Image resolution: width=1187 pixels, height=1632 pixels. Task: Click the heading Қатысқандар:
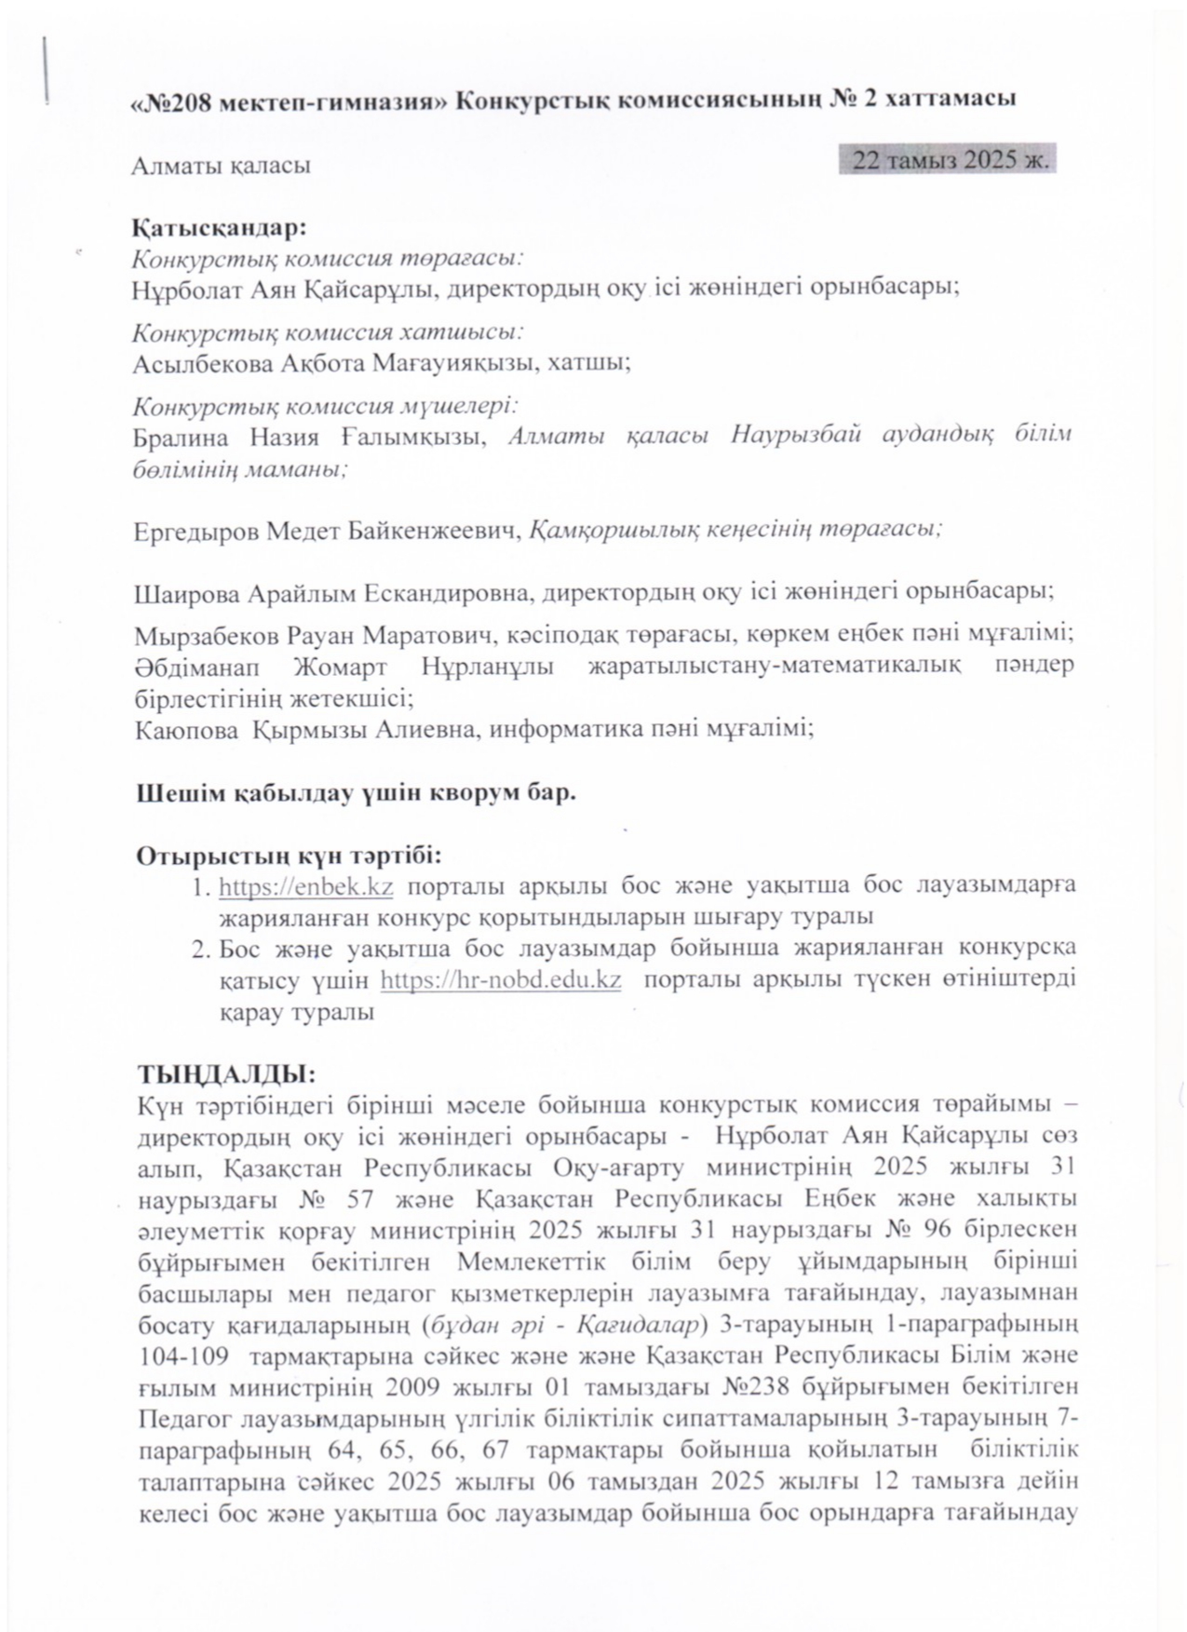click(x=220, y=227)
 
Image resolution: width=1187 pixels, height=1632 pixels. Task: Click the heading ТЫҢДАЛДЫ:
click(x=226, y=1073)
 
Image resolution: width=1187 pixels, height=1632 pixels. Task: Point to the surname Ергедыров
click(x=196, y=532)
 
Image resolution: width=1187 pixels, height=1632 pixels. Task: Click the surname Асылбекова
click(x=202, y=364)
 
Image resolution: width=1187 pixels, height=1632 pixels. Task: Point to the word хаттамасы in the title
click(x=954, y=101)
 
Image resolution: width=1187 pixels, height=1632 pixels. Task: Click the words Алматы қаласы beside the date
click(x=221, y=166)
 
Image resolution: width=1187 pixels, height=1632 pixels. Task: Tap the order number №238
click(x=757, y=1387)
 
